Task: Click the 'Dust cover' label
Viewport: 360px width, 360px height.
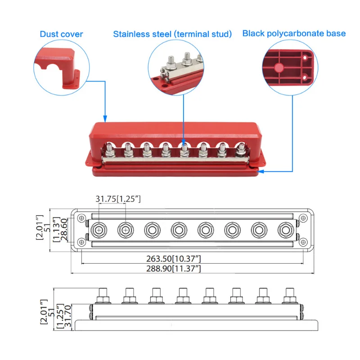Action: (x=61, y=34)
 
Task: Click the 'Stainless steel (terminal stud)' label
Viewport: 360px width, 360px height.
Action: (x=172, y=34)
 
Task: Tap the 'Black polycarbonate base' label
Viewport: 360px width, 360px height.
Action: (x=294, y=33)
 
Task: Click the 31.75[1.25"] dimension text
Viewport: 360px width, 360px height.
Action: (x=118, y=199)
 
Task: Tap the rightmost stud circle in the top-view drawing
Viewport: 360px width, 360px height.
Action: (x=285, y=230)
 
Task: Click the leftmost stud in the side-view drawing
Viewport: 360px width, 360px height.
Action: (x=101, y=296)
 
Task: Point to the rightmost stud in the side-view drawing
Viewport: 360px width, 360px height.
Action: (x=288, y=296)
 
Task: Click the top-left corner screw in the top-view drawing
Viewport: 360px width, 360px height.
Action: (x=81, y=218)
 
